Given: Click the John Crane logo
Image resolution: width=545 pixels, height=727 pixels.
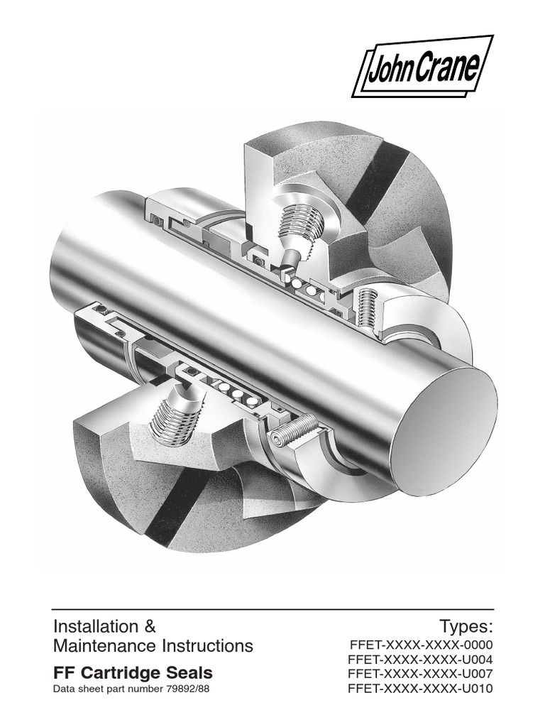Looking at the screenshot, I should (x=424, y=66).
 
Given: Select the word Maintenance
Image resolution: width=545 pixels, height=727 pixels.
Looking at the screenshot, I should (x=102, y=646).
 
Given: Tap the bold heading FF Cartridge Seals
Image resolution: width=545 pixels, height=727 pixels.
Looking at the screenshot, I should (x=133, y=672).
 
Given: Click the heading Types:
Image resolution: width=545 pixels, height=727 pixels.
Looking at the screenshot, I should (x=465, y=627).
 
